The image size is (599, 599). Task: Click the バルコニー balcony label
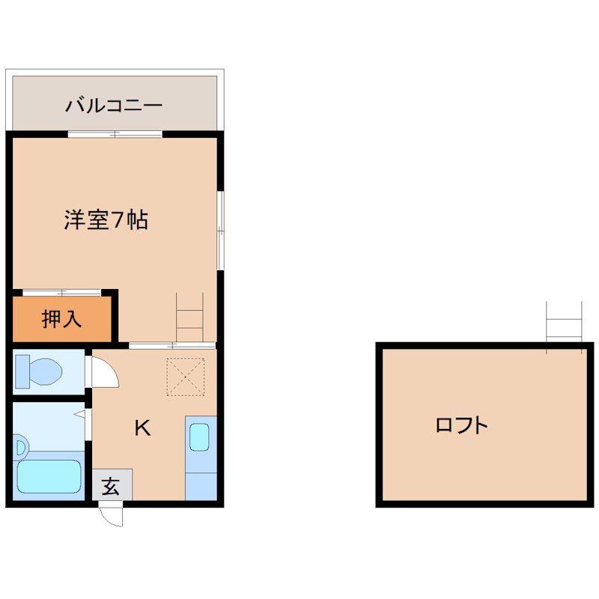pos(114,105)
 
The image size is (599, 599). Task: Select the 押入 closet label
pos(61,320)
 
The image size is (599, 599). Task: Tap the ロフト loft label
pos(461,426)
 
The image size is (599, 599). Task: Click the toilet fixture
pos(41,371)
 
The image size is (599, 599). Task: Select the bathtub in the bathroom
pos(49,476)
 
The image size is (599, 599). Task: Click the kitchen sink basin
pos(199,437)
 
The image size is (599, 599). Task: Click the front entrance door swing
pos(111,515)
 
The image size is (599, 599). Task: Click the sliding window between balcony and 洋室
pos(115,134)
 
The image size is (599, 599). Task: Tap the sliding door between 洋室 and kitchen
pos(172,345)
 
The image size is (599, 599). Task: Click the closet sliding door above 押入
pos(61,291)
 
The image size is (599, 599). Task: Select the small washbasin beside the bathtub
pos(19,449)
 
